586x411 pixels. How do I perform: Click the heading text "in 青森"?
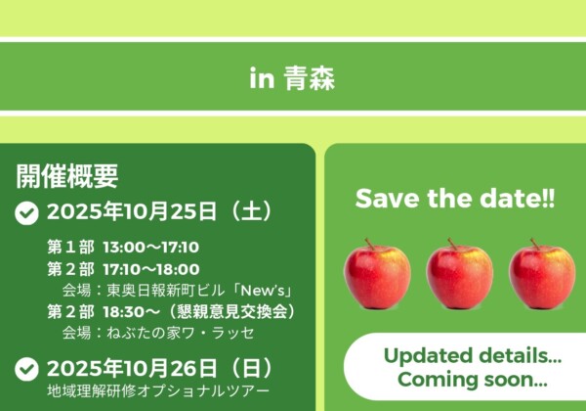pyautogui.click(x=292, y=78)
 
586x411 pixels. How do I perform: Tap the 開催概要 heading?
pyautogui.click(x=67, y=176)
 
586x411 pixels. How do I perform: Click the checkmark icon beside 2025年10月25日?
pyautogui.click(x=26, y=213)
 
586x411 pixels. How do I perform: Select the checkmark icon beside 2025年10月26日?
pyautogui.click(x=26, y=369)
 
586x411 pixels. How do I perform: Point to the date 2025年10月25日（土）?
pyautogui.click(x=161, y=211)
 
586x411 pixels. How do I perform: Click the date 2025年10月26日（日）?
pyautogui.click(x=161, y=368)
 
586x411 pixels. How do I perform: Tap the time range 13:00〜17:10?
pyautogui.click(x=151, y=248)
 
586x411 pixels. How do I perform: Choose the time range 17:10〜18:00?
pyautogui.click(x=151, y=269)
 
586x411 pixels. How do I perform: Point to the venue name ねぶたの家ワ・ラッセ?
pyautogui.click(x=181, y=333)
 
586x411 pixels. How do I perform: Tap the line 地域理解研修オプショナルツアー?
pyautogui.click(x=158, y=391)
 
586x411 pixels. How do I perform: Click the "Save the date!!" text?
pyautogui.click(x=455, y=199)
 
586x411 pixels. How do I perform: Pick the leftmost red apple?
pyautogui.click(x=377, y=274)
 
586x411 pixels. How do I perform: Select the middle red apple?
pyautogui.click(x=460, y=274)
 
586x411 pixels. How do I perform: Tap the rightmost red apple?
pyautogui.click(x=542, y=274)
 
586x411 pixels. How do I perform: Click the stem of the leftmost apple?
pyautogui.click(x=369, y=244)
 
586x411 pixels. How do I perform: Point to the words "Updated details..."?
pyautogui.click(x=473, y=356)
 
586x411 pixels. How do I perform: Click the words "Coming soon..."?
pyautogui.click(x=473, y=380)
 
